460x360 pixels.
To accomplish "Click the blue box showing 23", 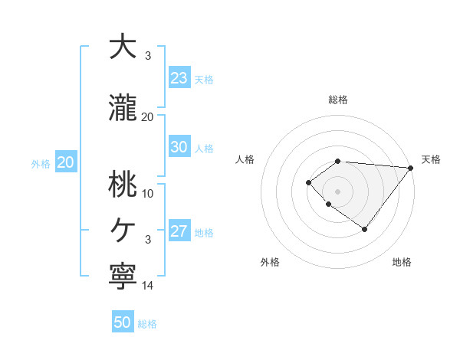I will tap(179, 78).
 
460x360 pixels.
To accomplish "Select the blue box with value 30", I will tap(179, 147).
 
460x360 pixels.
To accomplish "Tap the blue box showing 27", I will tap(179, 231).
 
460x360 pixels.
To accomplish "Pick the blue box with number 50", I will tap(123, 322).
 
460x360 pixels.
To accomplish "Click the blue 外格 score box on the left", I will tap(65, 162).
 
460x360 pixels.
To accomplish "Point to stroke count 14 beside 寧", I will tap(148, 286).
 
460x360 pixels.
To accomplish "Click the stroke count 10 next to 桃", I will tap(148, 193).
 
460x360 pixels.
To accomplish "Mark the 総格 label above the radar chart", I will tap(337, 100).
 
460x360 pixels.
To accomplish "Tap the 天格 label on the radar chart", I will tap(431, 159).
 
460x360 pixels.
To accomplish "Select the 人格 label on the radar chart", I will tap(245, 159).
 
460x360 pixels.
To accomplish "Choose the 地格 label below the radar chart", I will tap(402, 262).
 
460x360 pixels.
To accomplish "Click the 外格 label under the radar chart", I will tap(270, 262).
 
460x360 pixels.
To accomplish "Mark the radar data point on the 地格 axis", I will tap(365, 229).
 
